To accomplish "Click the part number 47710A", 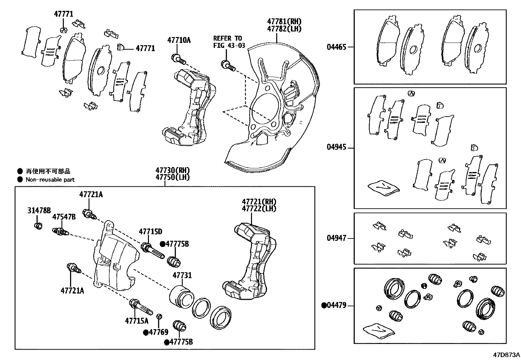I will click(179, 40).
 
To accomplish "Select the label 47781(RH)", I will click(284, 22).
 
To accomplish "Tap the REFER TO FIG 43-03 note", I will click(229, 42).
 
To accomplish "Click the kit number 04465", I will click(336, 47).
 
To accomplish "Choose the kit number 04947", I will click(336, 238).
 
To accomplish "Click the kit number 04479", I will click(336, 306).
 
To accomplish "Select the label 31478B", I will click(39, 210).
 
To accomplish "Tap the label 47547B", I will click(64, 217).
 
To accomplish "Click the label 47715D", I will click(150, 232).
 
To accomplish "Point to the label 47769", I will click(158, 332).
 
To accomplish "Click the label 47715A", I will click(136, 321).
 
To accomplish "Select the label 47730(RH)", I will click(172, 170).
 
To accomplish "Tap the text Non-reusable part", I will click(50, 180).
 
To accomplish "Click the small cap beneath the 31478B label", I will click(39, 226).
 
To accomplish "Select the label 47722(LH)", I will click(259, 208).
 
